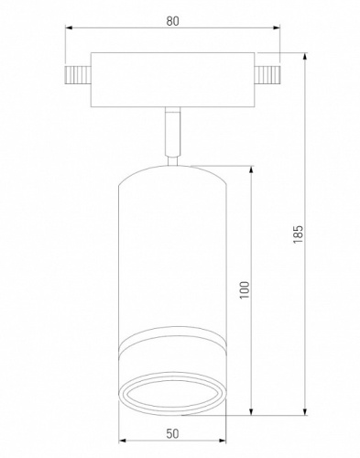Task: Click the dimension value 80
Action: pos(172,21)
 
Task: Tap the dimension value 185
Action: pos(298,234)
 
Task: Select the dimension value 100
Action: pos(245,289)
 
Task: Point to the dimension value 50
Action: pos(172,433)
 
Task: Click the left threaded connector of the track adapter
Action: pos(78,75)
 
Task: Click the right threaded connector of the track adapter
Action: pos(267,75)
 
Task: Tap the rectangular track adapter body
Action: pos(172,80)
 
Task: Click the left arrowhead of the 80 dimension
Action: pos(69,28)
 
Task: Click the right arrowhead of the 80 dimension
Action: pos(277,28)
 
